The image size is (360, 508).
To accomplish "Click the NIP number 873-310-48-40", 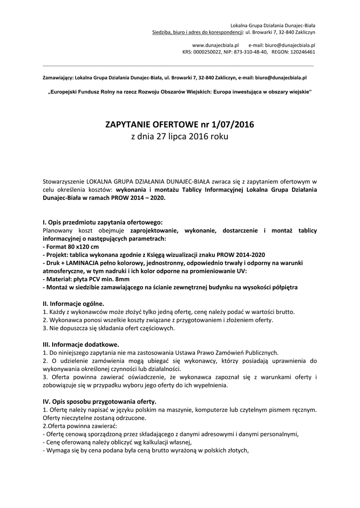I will point(250,51).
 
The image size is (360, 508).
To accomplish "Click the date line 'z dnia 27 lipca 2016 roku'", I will point(180,136).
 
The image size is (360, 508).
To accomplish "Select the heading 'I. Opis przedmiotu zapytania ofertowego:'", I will point(103,222).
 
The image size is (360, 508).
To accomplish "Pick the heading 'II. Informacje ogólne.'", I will point(74,304).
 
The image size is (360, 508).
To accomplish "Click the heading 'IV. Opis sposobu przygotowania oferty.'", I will point(100,401).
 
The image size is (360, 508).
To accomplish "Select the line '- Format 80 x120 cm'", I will point(71,247).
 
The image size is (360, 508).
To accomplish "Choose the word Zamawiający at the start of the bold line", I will point(57,78).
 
